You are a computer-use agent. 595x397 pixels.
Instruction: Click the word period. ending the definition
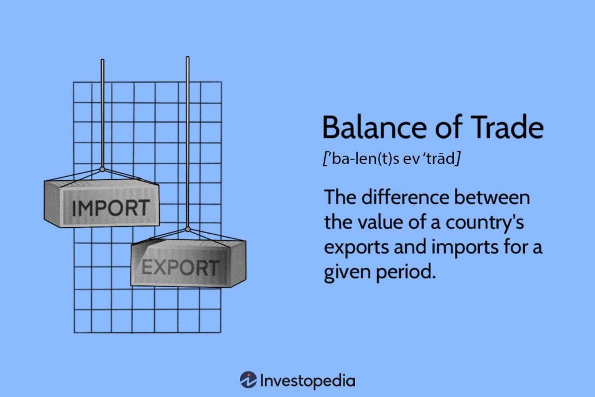coord(407,271)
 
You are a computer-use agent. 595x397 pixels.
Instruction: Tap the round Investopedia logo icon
coord(248,380)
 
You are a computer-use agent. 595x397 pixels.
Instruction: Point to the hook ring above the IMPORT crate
coord(102,170)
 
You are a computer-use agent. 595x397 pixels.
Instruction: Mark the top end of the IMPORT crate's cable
coord(102,60)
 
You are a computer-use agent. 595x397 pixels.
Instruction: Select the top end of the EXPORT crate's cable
coord(187,57)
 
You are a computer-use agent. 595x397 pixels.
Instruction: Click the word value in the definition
coord(378,222)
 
